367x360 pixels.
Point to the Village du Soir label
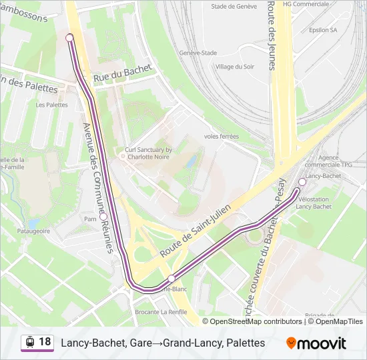235,67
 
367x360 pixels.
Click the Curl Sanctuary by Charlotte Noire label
149,155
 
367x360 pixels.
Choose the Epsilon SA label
323,30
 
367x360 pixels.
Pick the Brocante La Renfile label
160,312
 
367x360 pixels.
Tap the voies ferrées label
221,136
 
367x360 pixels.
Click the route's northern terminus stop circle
69,38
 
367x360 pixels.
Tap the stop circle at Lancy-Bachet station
302,182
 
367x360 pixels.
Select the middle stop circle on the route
171,279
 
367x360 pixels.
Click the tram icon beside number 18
29,343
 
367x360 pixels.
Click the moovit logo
316,343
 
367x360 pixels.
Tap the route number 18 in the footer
45,342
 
